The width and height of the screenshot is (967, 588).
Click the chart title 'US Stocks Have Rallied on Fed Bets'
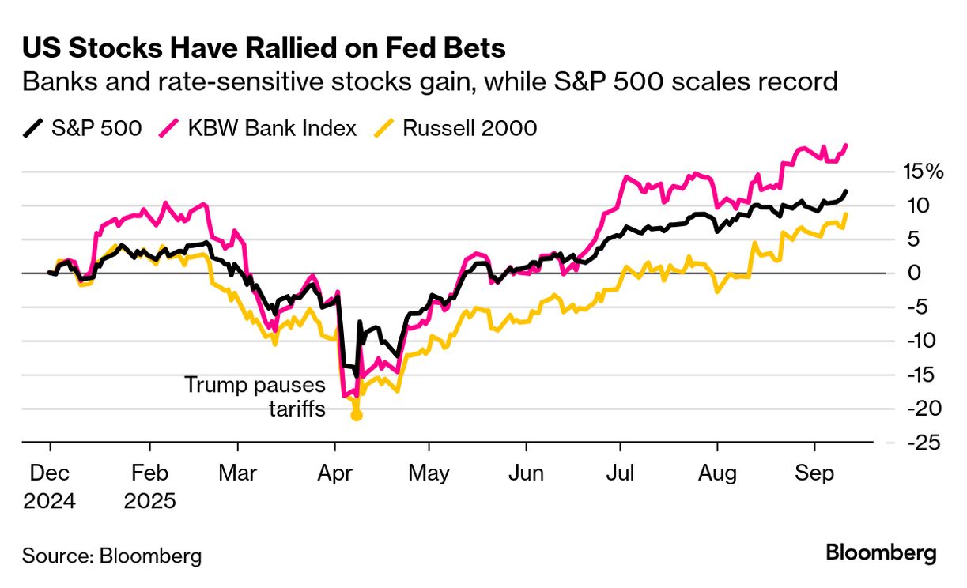(x=264, y=49)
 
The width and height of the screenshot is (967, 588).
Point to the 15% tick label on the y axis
(x=923, y=171)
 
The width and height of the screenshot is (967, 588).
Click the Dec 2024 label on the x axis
(x=49, y=486)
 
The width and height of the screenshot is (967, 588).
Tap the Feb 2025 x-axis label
(x=149, y=486)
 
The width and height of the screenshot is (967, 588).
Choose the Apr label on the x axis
(x=334, y=473)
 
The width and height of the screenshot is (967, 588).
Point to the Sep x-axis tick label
(x=814, y=473)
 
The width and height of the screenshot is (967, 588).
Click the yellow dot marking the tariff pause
(x=356, y=415)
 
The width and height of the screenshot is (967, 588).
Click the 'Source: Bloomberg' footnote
(x=111, y=556)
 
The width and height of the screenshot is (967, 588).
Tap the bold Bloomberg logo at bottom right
(x=881, y=552)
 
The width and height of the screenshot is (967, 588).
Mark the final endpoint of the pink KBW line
(x=847, y=145)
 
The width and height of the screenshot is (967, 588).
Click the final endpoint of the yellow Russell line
(x=847, y=214)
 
